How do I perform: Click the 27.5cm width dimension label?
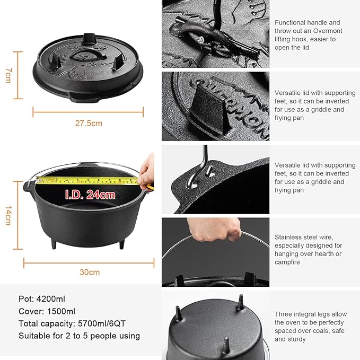tap(88, 123)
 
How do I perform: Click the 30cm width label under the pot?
tap(90, 272)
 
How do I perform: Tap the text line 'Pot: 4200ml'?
tap(42, 299)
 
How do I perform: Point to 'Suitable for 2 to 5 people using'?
tap(79, 336)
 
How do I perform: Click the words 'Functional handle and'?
tap(307, 22)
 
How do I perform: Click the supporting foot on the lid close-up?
tap(207, 103)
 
